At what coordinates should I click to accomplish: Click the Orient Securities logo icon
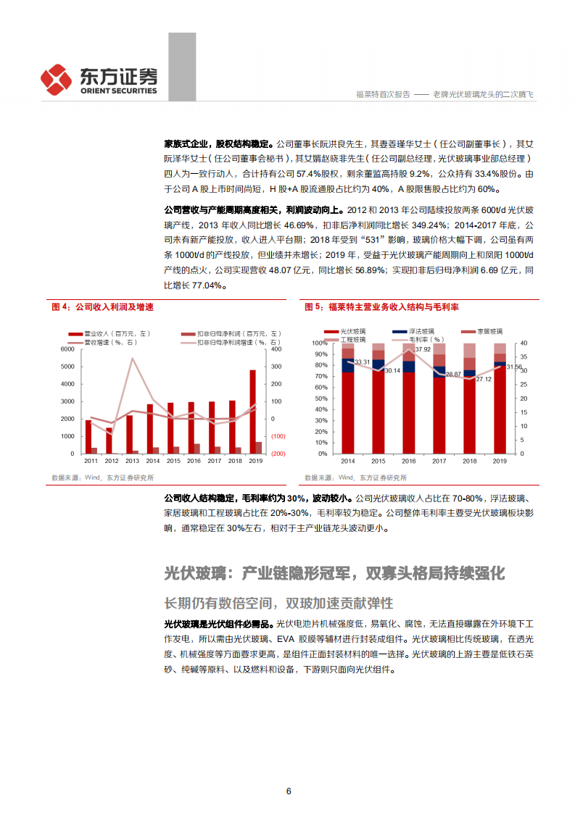(55, 78)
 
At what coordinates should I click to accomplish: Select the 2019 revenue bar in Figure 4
(252, 412)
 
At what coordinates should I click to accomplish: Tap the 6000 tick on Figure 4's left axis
(67, 349)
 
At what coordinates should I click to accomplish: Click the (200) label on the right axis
(278, 454)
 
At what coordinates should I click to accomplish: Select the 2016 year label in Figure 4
(194, 461)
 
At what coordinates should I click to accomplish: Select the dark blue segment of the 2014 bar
(348, 365)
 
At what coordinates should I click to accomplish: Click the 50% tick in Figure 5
(318, 398)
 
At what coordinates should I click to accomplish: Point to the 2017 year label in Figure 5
(439, 461)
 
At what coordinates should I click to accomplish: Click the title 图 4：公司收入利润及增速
(102, 307)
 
